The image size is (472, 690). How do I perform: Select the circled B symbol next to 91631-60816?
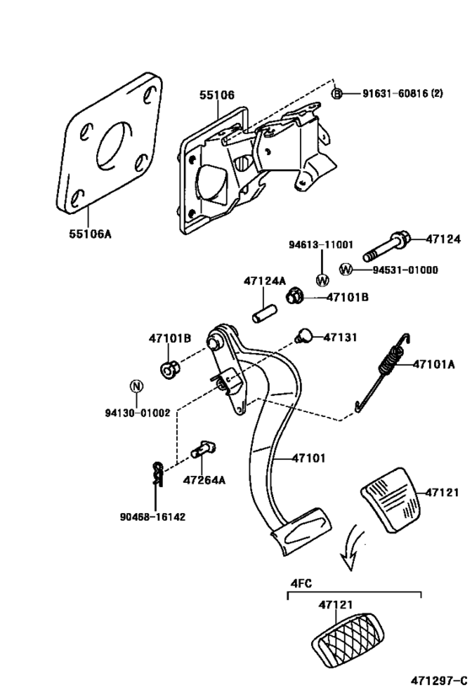[x=336, y=94]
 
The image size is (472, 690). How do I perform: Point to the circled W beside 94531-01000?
[x=345, y=270]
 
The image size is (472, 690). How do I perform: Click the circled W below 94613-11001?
[x=321, y=280]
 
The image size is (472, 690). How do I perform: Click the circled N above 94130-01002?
[x=133, y=388]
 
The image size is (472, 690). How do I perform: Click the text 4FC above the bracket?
[x=301, y=581]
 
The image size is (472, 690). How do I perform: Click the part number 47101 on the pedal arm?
[x=309, y=459]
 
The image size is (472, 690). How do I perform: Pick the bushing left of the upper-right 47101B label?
[x=295, y=296]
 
